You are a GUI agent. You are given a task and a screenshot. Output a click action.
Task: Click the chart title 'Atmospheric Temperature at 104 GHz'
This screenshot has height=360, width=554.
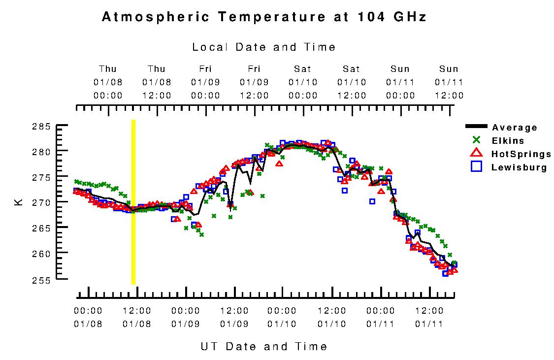263,17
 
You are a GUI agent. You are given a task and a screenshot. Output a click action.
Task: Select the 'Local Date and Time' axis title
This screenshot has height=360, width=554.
263,47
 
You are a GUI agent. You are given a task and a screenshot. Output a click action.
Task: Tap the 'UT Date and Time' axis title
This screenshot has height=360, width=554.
263,346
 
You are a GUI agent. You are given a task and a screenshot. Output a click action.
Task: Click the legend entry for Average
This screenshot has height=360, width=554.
514,128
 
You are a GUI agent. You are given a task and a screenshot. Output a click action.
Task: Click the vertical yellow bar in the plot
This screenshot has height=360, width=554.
133,201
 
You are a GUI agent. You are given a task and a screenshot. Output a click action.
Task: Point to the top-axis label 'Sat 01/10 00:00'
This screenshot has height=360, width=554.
303,82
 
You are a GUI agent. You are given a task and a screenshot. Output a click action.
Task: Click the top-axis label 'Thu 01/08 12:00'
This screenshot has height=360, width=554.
157,82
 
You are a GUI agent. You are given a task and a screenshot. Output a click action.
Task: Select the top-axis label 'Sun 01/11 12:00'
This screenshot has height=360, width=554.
449,82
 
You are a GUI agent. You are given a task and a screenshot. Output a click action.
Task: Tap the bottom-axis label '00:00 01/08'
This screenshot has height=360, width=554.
88,317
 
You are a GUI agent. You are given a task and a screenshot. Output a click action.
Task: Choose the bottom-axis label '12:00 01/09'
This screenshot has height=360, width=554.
234,317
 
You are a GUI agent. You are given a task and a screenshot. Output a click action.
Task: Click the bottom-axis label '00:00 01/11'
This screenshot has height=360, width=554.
381,317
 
